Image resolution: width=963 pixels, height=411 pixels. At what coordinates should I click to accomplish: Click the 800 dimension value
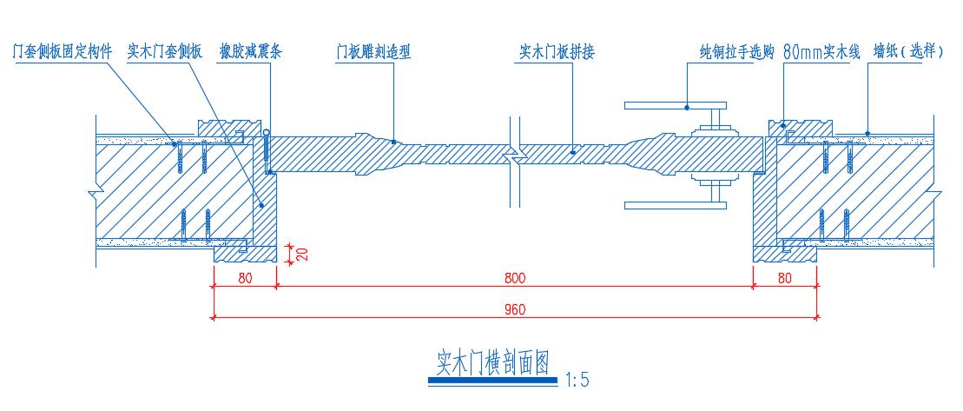(514, 279)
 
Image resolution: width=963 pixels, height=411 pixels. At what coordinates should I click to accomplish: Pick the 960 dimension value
(514, 309)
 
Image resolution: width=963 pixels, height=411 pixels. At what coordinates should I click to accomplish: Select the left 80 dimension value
(244, 279)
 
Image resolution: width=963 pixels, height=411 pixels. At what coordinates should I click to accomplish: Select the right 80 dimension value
(785, 279)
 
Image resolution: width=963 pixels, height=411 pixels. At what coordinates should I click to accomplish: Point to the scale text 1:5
(577, 380)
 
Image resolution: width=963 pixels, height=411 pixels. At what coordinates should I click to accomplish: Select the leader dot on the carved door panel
(394, 141)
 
